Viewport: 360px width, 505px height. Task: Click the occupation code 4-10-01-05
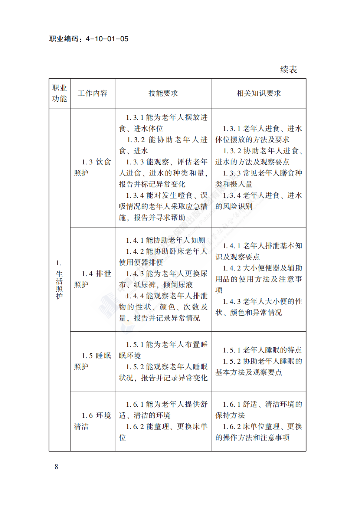(x=107, y=39)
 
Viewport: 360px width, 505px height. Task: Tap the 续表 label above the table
(x=288, y=69)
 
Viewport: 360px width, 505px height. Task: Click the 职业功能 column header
(x=59, y=93)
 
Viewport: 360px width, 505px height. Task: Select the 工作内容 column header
(x=92, y=93)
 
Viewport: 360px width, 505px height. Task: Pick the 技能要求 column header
(x=163, y=93)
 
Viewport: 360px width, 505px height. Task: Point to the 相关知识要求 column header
(x=259, y=93)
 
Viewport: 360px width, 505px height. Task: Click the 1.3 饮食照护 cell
(x=92, y=167)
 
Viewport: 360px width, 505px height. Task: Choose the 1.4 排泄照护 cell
(x=92, y=279)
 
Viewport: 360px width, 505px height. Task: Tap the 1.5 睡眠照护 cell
(x=92, y=361)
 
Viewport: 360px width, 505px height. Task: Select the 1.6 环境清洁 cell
(x=92, y=421)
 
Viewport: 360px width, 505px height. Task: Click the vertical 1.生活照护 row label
(x=59, y=280)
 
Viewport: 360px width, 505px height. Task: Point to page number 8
(x=56, y=467)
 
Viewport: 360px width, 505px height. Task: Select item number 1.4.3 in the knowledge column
(x=232, y=302)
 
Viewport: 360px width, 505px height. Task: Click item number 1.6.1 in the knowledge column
(x=232, y=404)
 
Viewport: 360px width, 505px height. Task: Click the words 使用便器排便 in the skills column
(x=141, y=263)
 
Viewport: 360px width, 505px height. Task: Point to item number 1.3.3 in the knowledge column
(x=232, y=173)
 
